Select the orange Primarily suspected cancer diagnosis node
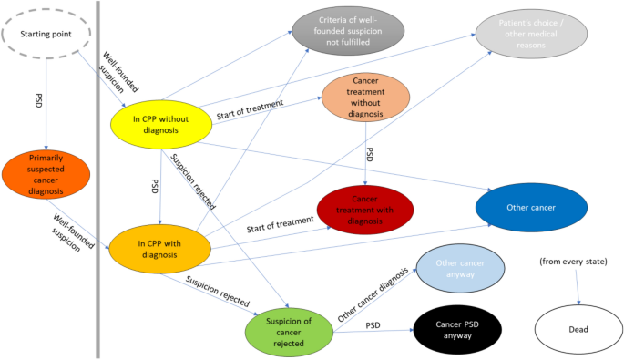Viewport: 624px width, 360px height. tap(45, 174)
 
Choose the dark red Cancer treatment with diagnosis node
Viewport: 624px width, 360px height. tap(365, 211)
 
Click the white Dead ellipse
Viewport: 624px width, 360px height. tap(579, 329)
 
